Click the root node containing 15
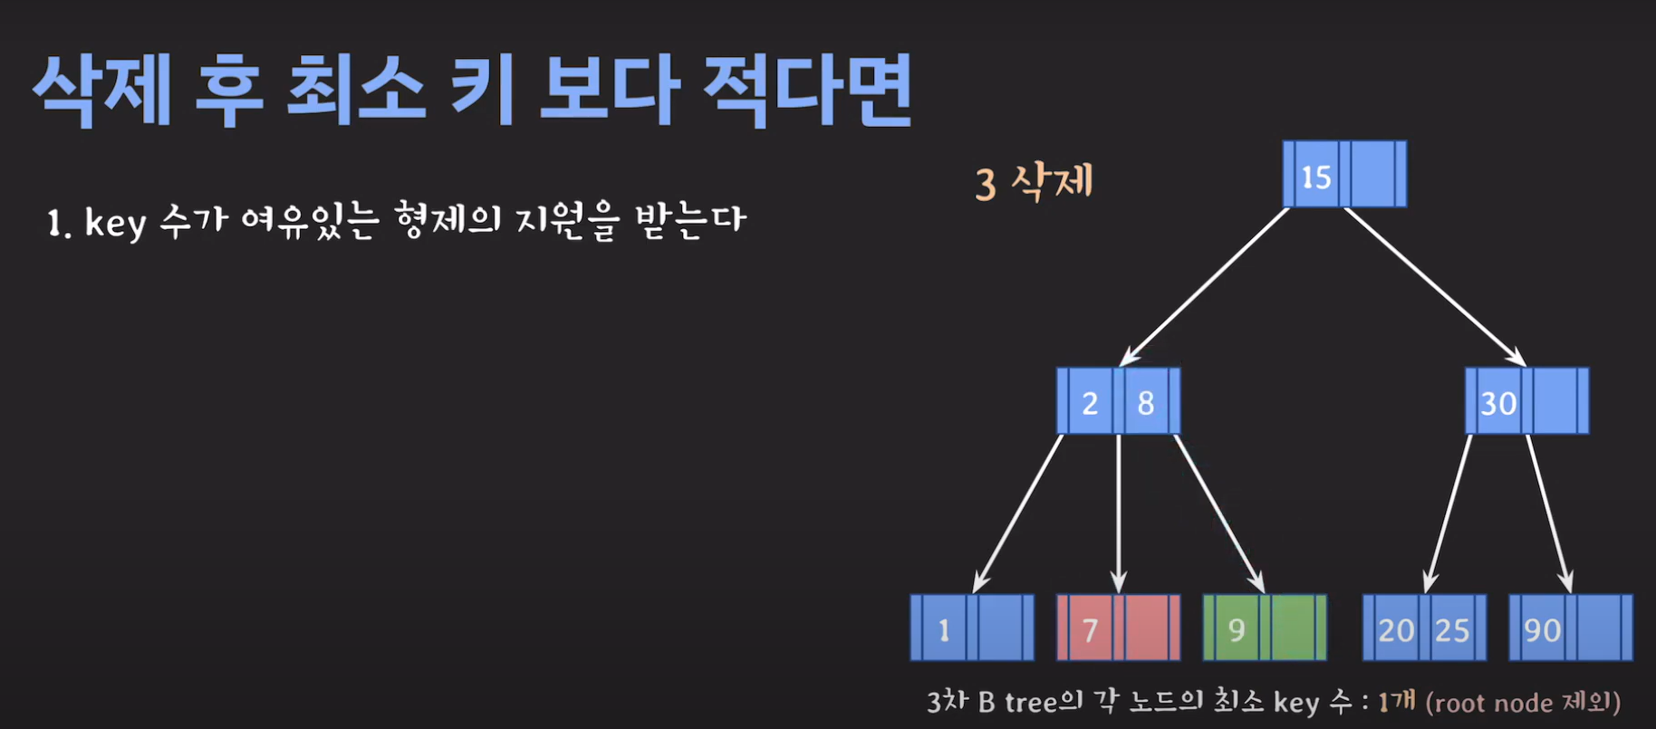coord(1344,175)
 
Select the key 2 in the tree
coord(1090,402)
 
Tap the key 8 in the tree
coord(1146,402)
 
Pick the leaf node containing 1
coord(972,628)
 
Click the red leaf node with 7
coord(1118,628)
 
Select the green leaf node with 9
coord(1265,628)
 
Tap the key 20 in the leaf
coord(1396,629)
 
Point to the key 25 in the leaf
coord(1452,629)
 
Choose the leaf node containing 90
coord(1571,628)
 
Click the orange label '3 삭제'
coord(1035,182)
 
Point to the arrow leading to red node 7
coord(1119,513)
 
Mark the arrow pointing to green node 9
coord(1218,513)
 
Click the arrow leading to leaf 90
coord(1549,513)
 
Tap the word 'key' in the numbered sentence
coord(115,223)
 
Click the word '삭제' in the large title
coord(101,91)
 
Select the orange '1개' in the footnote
coord(1396,701)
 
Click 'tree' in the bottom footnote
coord(1032,702)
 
